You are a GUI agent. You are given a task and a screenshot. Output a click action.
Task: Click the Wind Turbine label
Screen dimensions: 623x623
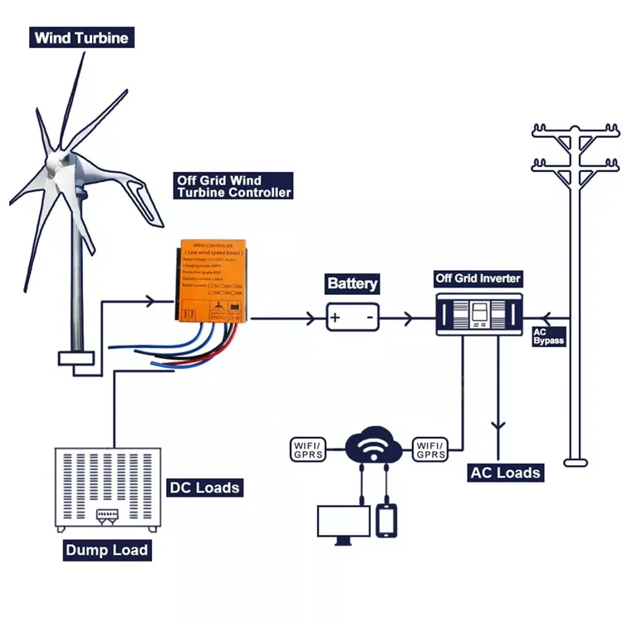pyautogui.click(x=81, y=38)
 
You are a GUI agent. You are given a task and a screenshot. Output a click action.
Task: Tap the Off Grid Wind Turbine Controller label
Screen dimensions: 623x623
pyautogui.click(x=233, y=186)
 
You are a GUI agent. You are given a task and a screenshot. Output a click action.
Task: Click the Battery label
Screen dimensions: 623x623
pyautogui.click(x=352, y=284)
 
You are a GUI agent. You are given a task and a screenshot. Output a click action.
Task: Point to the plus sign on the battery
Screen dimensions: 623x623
pyautogui.click(x=335, y=317)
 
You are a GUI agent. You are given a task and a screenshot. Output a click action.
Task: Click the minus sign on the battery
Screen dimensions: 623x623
pyautogui.click(x=369, y=317)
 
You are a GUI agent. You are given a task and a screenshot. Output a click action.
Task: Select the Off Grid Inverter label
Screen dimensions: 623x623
pyautogui.click(x=478, y=278)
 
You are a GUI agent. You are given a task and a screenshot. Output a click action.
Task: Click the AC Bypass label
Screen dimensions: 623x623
pyautogui.click(x=548, y=336)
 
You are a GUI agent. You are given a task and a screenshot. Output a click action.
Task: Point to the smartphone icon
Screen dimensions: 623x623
pyautogui.click(x=388, y=521)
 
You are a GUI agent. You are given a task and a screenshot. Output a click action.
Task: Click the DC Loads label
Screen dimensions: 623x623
pyautogui.click(x=204, y=488)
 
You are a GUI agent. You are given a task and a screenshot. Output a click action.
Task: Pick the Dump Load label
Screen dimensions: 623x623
pyautogui.click(x=107, y=550)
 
